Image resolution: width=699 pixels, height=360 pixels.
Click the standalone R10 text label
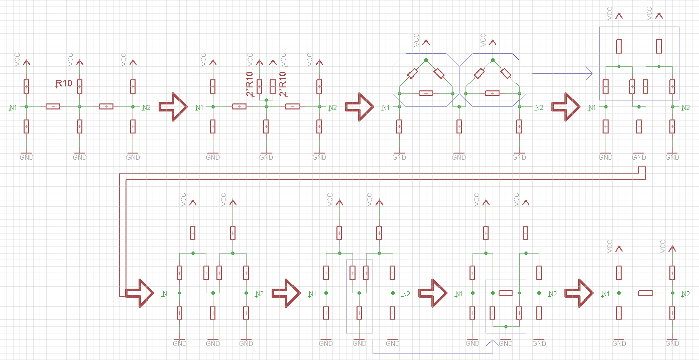(x=64, y=84)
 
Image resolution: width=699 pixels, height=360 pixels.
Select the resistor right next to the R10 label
(x=79, y=86)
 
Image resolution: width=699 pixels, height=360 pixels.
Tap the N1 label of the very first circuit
(x=13, y=107)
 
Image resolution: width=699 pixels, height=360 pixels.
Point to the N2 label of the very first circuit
(x=146, y=107)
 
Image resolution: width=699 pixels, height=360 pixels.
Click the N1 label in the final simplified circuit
(x=606, y=294)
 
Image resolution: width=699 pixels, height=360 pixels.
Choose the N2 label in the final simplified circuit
(x=684, y=294)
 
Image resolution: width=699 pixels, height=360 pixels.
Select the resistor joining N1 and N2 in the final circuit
(x=645, y=293)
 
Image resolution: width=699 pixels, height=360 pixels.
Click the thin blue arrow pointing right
(x=562, y=74)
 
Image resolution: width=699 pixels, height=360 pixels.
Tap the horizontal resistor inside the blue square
(x=506, y=293)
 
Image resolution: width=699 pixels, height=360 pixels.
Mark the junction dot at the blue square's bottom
(x=506, y=326)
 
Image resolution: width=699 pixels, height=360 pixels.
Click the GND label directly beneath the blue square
(x=506, y=343)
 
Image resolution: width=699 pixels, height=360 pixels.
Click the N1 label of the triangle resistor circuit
(x=386, y=107)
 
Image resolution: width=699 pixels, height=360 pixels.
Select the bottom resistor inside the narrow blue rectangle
(x=360, y=313)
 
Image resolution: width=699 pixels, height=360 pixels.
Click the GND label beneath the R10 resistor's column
(x=79, y=157)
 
